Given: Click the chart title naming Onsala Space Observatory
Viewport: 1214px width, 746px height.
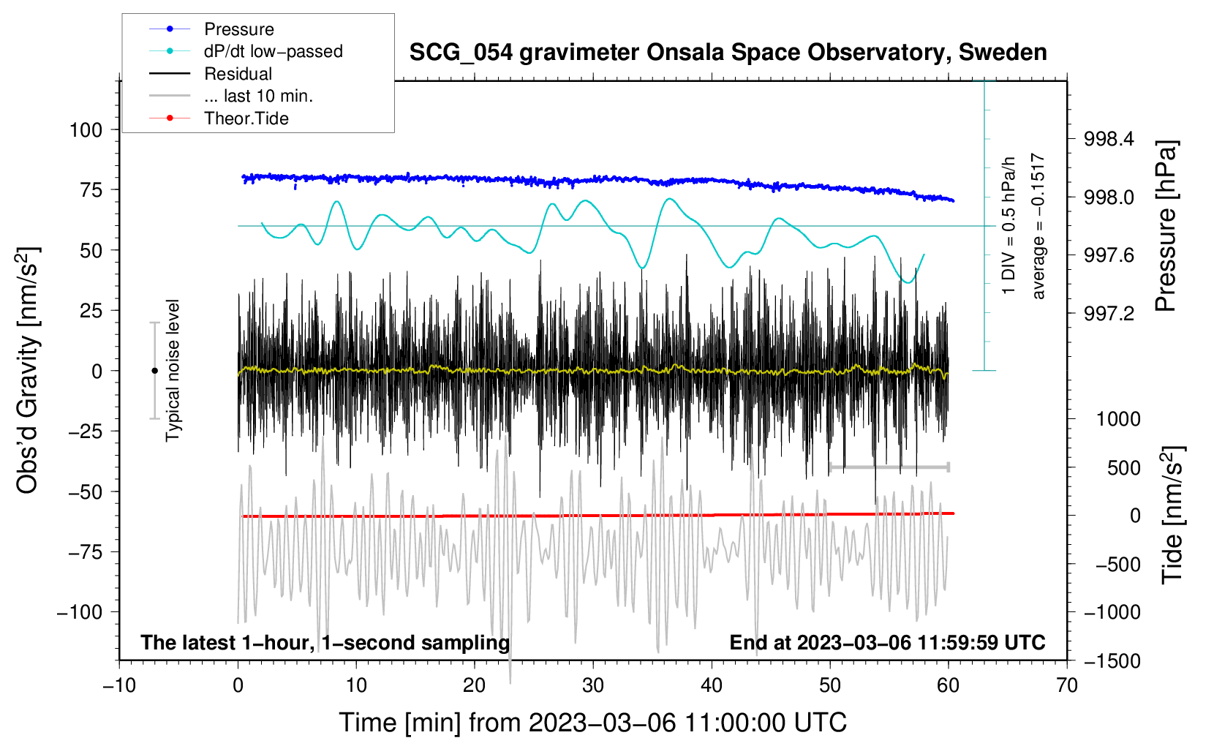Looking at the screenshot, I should [x=728, y=53].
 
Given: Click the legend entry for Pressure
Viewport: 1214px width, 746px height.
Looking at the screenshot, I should [x=238, y=29].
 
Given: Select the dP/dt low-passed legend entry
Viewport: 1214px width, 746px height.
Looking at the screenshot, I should [x=273, y=51].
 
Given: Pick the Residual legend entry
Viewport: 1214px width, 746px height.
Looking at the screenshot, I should [x=238, y=74].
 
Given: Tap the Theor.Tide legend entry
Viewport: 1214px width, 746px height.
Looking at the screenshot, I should [x=246, y=118].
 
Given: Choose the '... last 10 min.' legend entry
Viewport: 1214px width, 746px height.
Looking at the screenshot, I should [x=258, y=96].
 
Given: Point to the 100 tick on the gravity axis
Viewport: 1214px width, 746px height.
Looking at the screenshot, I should [x=86, y=130].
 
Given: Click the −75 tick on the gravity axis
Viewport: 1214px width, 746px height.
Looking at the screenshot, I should [x=86, y=552].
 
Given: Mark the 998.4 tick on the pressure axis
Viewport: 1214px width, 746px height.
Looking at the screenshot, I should [x=1109, y=139].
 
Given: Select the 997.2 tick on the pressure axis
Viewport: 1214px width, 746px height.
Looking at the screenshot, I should [x=1109, y=314].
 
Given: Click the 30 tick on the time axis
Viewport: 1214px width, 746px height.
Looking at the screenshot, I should [x=593, y=685].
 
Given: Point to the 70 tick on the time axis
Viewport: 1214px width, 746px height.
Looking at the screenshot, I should [x=1067, y=685].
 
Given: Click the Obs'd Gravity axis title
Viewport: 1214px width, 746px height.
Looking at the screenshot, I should [x=27, y=371].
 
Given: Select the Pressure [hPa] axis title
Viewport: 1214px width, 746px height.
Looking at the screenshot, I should [x=1166, y=227].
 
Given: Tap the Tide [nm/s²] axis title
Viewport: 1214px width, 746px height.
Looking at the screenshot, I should [x=1172, y=515].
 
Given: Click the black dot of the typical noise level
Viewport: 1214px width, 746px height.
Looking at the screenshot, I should [x=154, y=371].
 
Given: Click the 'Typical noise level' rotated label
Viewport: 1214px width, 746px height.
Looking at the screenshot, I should [x=173, y=371].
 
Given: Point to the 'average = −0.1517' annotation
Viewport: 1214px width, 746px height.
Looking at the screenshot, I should [x=1038, y=227].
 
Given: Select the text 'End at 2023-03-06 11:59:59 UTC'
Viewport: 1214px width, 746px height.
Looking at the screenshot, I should [x=887, y=643].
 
